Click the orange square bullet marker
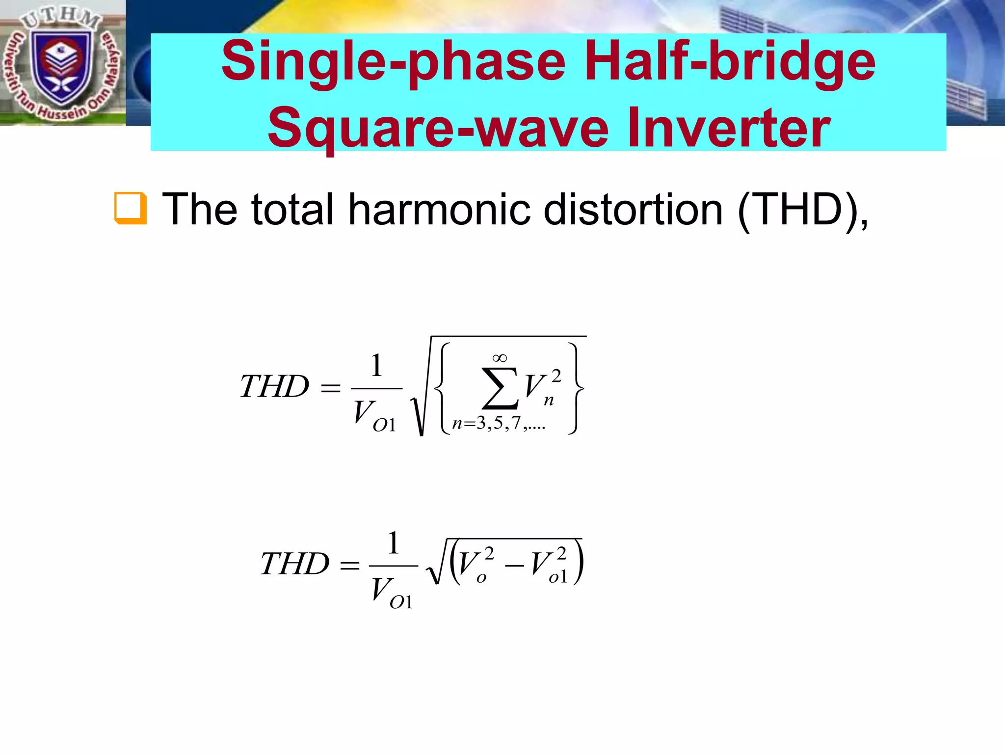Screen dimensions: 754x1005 (x=130, y=208)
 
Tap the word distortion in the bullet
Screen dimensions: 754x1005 (x=633, y=210)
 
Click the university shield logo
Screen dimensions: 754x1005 (x=61, y=64)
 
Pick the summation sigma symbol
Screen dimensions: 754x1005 (x=500, y=388)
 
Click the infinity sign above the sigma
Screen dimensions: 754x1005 (x=500, y=358)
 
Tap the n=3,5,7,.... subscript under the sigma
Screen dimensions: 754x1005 (x=498, y=424)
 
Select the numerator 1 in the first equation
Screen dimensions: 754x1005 (x=376, y=366)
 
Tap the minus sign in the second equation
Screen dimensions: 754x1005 (x=514, y=566)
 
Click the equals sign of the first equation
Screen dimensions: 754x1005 (x=330, y=389)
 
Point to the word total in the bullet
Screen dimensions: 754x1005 (x=292, y=210)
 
